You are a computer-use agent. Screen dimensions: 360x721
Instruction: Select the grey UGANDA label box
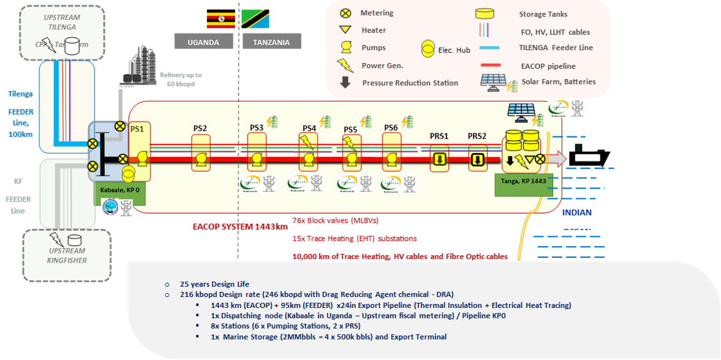pyautogui.click(x=203, y=42)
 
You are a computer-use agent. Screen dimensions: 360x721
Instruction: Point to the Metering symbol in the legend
pyautogui.click(x=345, y=13)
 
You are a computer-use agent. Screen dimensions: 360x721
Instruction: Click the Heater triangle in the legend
pyautogui.click(x=345, y=30)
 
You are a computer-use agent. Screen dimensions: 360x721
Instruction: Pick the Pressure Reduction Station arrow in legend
pyautogui.click(x=345, y=83)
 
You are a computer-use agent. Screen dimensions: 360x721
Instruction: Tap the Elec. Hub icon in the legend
pyautogui.click(x=430, y=49)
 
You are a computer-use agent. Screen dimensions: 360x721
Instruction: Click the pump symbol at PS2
pyautogui.click(x=200, y=160)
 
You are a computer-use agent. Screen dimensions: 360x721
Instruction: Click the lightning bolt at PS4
pyautogui.click(x=307, y=143)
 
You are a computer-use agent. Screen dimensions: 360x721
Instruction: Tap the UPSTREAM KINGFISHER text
pyautogui.click(x=66, y=256)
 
